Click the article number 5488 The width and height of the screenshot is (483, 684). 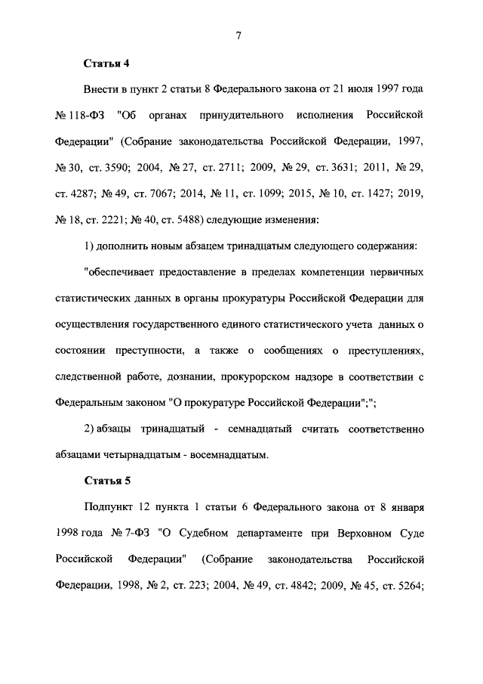tap(183, 220)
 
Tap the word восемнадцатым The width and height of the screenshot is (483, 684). tap(232, 455)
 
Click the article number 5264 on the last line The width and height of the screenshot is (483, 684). tap(411, 586)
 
